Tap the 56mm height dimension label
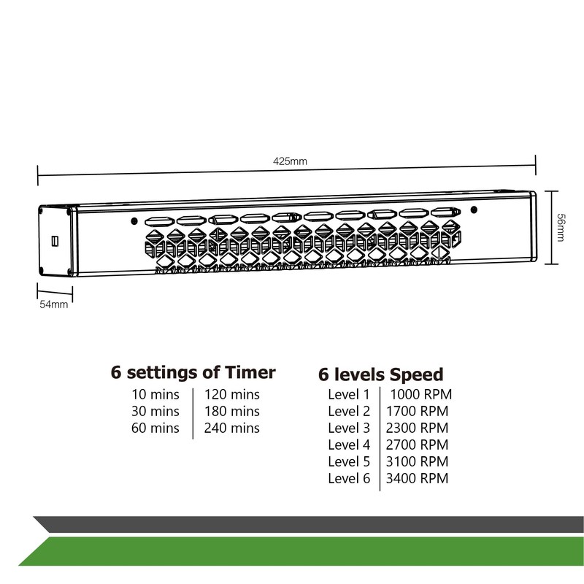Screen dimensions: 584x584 (x=560, y=228)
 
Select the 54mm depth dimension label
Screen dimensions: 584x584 (x=53, y=304)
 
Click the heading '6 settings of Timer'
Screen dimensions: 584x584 (x=193, y=373)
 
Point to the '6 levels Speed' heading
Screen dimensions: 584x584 (x=380, y=375)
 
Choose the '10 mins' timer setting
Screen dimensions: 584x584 (x=155, y=395)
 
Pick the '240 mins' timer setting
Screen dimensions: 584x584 (x=231, y=429)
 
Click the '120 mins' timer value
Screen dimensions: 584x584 (x=231, y=395)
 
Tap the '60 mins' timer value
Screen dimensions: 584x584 (x=155, y=429)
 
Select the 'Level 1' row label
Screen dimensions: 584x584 (x=349, y=395)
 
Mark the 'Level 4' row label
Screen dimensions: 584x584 (x=349, y=445)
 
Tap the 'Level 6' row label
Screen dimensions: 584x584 (x=349, y=479)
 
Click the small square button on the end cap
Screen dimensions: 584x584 (x=54, y=239)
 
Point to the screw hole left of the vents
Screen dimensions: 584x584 (x=133, y=220)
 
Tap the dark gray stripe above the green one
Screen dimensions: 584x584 (x=307, y=524)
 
